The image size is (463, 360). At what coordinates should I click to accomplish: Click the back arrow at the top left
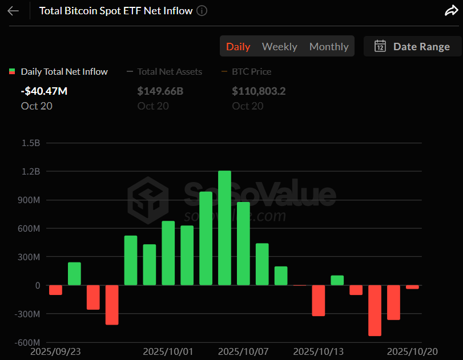(x=13, y=11)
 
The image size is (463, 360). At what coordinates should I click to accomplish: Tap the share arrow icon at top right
(x=450, y=11)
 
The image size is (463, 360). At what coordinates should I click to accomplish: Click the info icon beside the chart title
(x=202, y=11)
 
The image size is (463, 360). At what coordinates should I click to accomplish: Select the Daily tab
(x=238, y=47)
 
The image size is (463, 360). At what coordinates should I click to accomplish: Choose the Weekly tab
(x=279, y=47)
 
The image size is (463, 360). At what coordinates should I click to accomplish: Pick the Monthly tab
(x=329, y=47)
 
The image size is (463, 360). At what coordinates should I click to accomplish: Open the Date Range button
(x=412, y=47)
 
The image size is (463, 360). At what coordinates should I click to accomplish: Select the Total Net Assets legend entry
(x=170, y=72)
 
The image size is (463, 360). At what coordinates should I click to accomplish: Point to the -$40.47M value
(x=44, y=91)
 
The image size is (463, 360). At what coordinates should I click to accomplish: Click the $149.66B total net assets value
(x=160, y=91)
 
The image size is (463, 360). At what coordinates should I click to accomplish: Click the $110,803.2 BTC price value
(x=259, y=91)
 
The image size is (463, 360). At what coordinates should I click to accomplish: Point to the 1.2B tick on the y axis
(x=30, y=172)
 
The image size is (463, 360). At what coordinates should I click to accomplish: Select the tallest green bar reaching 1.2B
(x=224, y=228)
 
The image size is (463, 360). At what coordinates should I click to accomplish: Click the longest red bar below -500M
(x=375, y=310)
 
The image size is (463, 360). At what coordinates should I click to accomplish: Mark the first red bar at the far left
(x=55, y=290)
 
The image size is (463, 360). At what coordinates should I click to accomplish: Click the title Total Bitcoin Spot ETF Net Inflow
(x=116, y=11)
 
